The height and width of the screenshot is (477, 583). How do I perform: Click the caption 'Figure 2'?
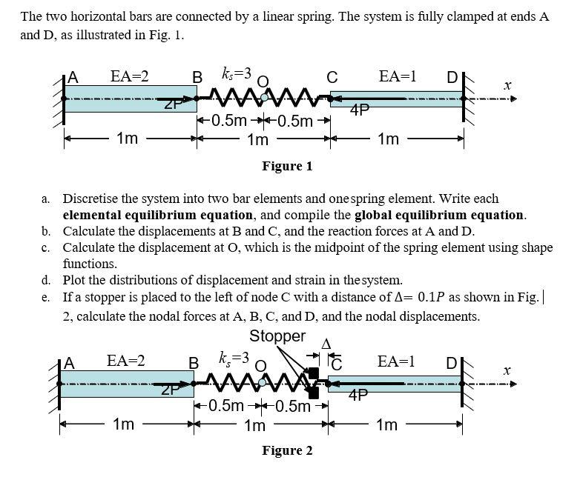(x=287, y=450)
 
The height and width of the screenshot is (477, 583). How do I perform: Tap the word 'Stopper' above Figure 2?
(x=277, y=336)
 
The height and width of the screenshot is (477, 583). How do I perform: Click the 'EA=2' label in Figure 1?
(x=129, y=76)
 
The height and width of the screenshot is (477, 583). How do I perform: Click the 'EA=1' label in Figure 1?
(x=397, y=76)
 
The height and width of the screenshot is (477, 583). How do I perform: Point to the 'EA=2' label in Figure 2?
(x=125, y=361)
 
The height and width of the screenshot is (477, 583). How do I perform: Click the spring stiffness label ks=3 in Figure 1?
(x=237, y=73)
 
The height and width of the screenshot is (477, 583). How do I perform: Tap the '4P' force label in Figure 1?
(x=360, y=111)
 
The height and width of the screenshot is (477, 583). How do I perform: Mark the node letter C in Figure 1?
(x=332, y=76)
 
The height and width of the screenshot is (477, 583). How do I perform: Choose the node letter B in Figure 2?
(x=194, y=363)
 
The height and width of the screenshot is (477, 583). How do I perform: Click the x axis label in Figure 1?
(x=507, y=86)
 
